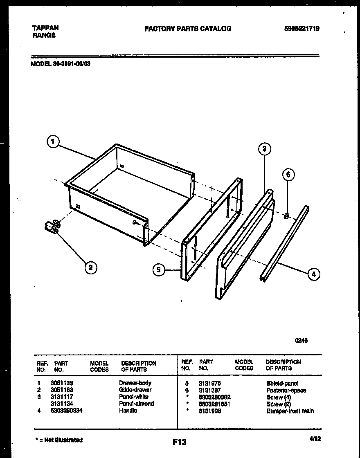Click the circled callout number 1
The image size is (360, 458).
coord(52,142)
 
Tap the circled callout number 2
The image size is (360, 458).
coord(90,268)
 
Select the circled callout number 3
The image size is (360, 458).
coord(264,149)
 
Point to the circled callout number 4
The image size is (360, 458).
coord(313,274)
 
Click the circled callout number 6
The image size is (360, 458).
coord(288,175)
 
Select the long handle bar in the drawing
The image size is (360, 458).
coord(285,243)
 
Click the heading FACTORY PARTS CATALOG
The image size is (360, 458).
coord(188,29)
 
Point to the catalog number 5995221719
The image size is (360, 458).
coord(302,29)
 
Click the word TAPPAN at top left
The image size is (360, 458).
coord(45,28)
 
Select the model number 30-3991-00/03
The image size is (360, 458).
coord(60,64)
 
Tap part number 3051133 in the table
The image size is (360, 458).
coord(61,383)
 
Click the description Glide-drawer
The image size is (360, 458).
coord(135,390)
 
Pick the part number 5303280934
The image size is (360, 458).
coord(66,411)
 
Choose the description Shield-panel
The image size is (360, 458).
coord(282,383)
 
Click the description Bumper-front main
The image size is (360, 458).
coord(290,411)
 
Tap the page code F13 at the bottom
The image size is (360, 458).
coord(180,442)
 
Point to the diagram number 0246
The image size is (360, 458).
coord(301,340)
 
